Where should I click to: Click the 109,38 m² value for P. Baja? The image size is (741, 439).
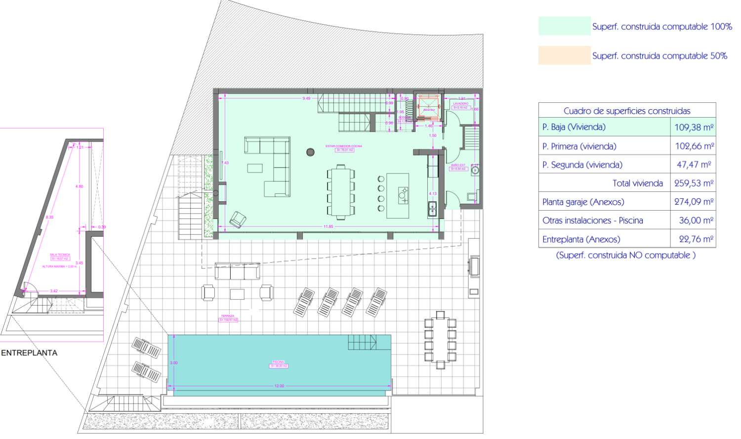coord(694,127)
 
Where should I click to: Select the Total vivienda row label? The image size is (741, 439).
coord(637,183)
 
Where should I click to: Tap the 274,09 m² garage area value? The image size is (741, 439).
coord(694,202)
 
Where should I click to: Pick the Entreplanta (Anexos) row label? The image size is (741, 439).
coord(580,239)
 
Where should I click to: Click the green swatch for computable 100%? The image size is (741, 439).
coord(564,26)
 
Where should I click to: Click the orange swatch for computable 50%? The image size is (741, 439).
coord(564,55)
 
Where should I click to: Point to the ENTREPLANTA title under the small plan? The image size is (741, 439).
coord(29,353)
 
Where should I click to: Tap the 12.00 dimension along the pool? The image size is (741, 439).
coord(279,386)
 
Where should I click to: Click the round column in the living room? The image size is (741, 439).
coord(310,152)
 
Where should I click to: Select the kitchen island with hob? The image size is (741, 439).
coord(398,195)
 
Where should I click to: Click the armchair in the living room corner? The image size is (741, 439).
coord(239,219)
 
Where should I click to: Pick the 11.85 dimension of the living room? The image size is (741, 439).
coord(328,226)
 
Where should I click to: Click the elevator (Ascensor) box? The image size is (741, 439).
coord(428,106)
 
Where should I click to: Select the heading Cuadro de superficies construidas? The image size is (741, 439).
coord(626,111)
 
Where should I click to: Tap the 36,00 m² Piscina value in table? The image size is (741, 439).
coord(696,220)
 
